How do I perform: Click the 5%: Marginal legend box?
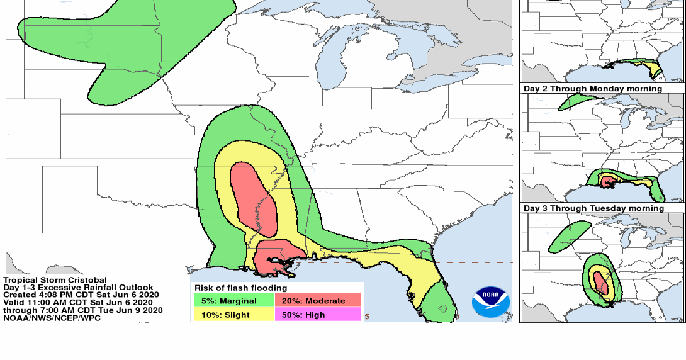point(233,301)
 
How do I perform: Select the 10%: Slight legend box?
point(233,314)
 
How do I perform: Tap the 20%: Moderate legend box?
point(318,301)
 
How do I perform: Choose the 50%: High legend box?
point(318,314)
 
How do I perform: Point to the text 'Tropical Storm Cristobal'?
point(55,280)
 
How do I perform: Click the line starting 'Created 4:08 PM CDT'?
point(81,295)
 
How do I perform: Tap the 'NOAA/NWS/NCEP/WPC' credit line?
point(52,317)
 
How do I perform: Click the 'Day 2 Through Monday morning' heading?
point(592,89)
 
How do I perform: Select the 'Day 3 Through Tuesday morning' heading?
point(593,208)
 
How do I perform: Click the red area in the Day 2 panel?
point(608,182)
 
